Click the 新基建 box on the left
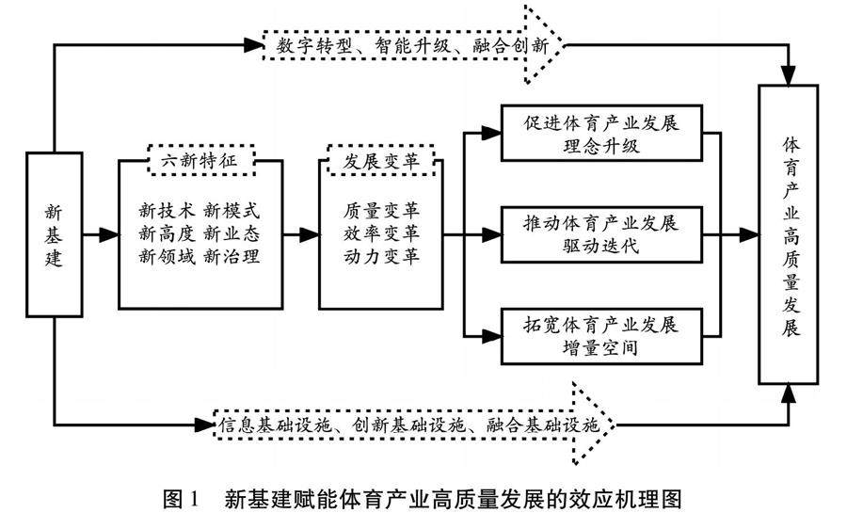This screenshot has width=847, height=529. [55, 234]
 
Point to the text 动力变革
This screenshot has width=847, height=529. [381, 256]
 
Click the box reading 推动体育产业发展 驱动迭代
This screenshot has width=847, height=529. [602, 234]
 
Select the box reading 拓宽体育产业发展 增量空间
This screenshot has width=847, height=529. [602, 335]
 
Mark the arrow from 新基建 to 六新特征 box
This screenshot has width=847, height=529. [100, 234]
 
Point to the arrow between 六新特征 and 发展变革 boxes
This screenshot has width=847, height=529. [301, 234]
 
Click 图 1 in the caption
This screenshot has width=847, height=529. [184, 500]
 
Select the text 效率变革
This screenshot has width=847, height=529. [381, 233]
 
